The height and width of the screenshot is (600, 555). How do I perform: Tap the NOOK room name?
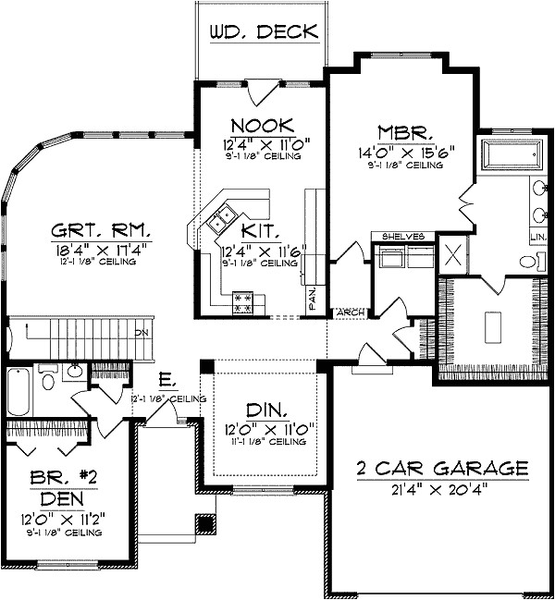262,125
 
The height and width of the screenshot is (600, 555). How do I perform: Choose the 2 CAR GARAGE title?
442,468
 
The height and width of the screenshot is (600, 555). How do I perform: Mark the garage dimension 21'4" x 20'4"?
442,487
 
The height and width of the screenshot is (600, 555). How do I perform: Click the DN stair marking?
142,332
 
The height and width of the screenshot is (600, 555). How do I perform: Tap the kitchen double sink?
220,219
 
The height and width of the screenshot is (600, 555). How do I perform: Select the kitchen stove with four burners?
243,302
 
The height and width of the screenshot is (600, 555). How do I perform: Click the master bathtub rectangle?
511,154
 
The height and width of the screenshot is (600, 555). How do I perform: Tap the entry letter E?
163,379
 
